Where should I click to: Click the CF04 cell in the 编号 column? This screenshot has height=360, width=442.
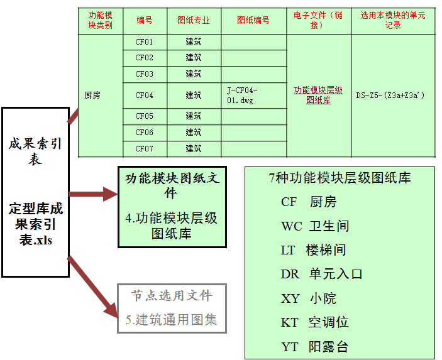point(144,95)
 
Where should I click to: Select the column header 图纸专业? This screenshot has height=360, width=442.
point(194,20)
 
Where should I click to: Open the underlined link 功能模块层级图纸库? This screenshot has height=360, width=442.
point(318,95)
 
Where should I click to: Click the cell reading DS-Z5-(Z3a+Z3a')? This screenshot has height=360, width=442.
point(390,95)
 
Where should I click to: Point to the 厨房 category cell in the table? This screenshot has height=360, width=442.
point(92,95)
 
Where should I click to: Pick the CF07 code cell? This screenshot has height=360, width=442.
point(144,149)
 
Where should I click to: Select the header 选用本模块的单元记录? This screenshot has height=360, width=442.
point(393,20)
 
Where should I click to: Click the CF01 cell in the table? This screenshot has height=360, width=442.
point(144,42)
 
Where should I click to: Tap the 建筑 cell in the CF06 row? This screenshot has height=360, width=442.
point(194,133)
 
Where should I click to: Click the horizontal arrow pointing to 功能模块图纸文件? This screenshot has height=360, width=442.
point(93,194)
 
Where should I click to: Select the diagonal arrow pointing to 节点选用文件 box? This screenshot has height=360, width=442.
point(93,286)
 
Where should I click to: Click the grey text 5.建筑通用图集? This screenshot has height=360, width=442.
point(172,320)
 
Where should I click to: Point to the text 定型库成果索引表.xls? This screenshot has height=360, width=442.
point(36,224)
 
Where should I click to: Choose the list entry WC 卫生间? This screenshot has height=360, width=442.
point(315,226)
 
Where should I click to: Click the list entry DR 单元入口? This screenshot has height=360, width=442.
point(322,274)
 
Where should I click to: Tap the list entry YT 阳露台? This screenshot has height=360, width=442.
point(314,347)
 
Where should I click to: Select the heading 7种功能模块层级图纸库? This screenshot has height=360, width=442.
point(340,178)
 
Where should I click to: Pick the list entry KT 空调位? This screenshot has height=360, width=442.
point(314,322)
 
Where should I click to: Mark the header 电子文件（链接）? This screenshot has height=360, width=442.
point(318,20)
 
